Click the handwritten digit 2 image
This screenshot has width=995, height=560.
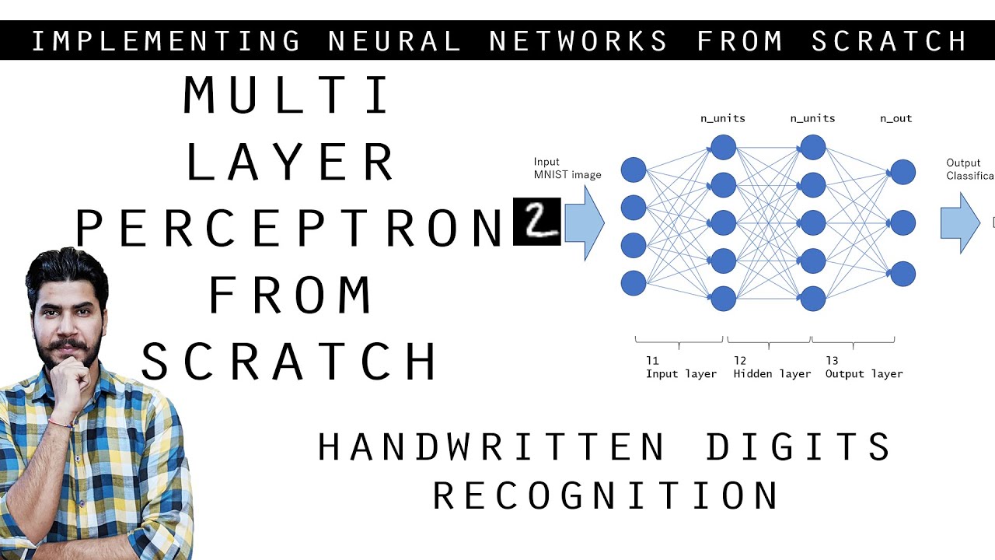pos(536,221)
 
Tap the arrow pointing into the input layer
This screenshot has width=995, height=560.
pos(584,222)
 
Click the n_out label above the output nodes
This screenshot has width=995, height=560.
pos(895,118)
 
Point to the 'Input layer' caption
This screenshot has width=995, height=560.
pos(681,373)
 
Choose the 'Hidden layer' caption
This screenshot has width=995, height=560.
pos(772,373)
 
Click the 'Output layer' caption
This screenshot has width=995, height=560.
pos(864,373)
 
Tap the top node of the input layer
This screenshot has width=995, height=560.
pos(634,170)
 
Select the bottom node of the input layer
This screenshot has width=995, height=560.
pos(634,283)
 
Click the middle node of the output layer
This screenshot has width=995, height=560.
pos(902,222)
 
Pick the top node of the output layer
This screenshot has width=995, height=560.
pos(902,171)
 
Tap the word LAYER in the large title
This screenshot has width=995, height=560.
pos(290,163)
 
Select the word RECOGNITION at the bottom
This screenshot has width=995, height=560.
pos(606,495)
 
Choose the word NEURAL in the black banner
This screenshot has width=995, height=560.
pos(395,41)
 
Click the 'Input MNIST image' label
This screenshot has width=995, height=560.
pos(567,169)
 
